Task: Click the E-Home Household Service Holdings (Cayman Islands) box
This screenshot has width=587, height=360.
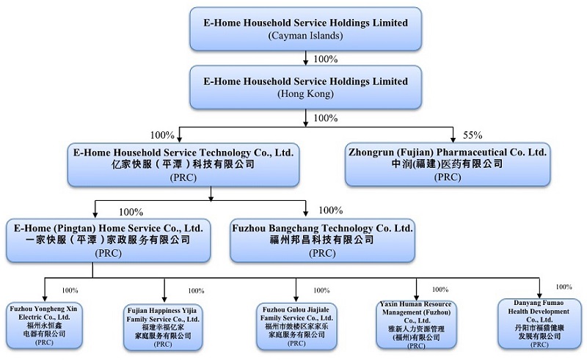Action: click(x=305, y=29)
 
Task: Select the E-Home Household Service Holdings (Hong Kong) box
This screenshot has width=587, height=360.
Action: click(x=305, y=87)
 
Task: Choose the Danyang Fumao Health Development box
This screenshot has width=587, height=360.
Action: click(x=539, y=323)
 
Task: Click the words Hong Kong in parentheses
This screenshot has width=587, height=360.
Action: click(x=305, y=94)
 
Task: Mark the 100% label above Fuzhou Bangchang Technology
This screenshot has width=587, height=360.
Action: click(x=331, y=211)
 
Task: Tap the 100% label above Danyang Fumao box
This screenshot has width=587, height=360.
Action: click(x=564, y=287)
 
